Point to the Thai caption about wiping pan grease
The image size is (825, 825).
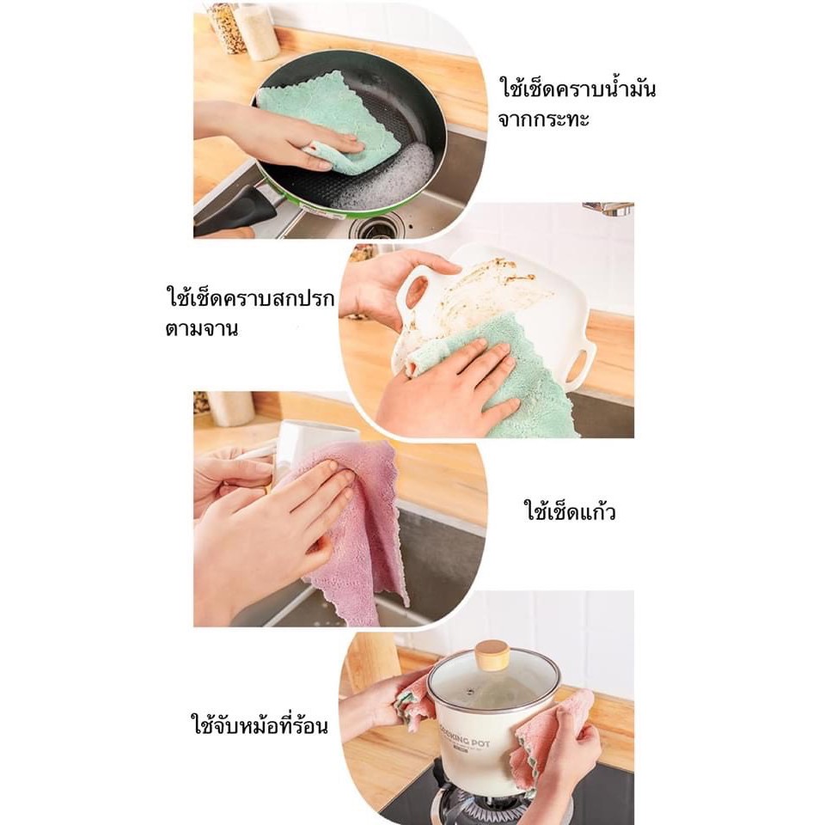(x=577, y=104)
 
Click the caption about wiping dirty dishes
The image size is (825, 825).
(x=249, y=313)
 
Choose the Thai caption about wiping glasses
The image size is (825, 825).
(x=570, y=510)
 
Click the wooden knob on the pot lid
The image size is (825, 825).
(x=492, y=655)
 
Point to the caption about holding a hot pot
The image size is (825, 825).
(x=259, y=725)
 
